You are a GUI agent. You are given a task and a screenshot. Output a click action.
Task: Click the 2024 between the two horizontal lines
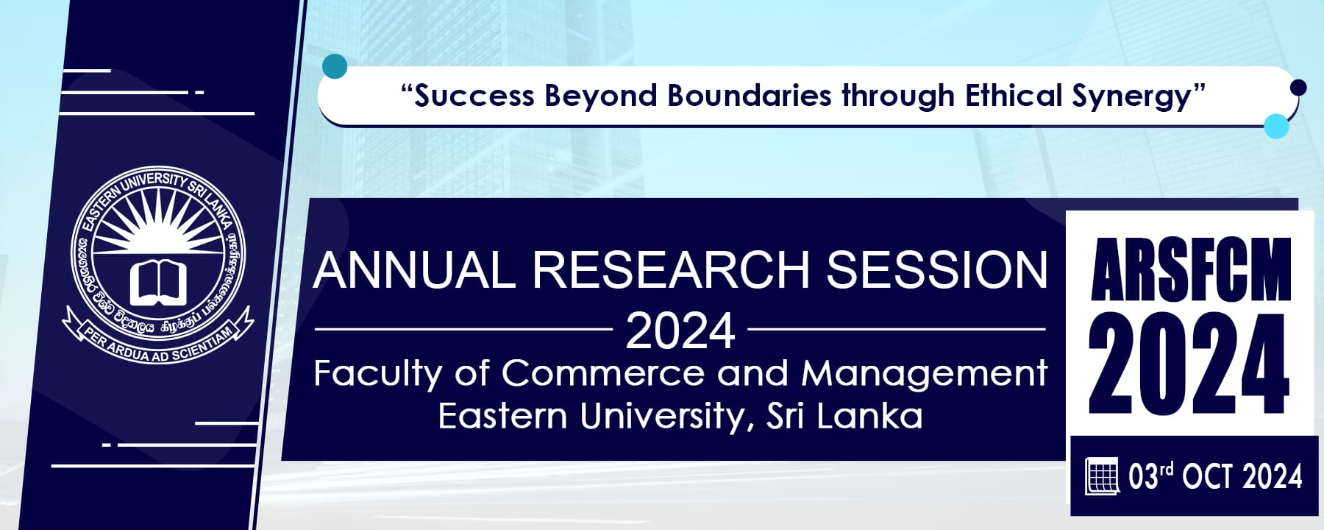pos(680,331)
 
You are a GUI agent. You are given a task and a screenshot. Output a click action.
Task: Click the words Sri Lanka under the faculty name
pos(844,416)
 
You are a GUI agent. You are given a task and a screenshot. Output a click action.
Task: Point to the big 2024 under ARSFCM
pos(1189,366)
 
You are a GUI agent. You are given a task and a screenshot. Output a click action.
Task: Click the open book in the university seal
pos(158,283)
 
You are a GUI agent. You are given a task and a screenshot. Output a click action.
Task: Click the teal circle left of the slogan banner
pos(335,66)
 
